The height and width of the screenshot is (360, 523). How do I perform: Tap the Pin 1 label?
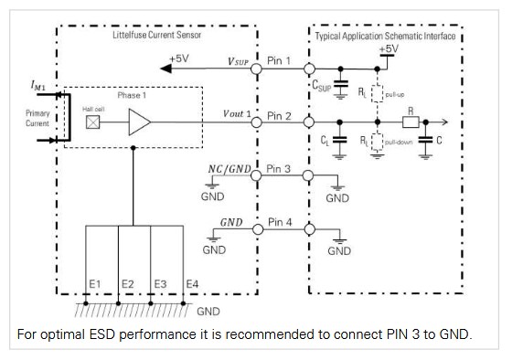pos(279,62)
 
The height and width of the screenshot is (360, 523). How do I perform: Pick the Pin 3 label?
pos(279,170)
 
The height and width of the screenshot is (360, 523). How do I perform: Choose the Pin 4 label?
pos(279,222)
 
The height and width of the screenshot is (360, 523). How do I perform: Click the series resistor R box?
pos(411,122)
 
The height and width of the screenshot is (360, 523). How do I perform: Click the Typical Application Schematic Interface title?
pos(385,36)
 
